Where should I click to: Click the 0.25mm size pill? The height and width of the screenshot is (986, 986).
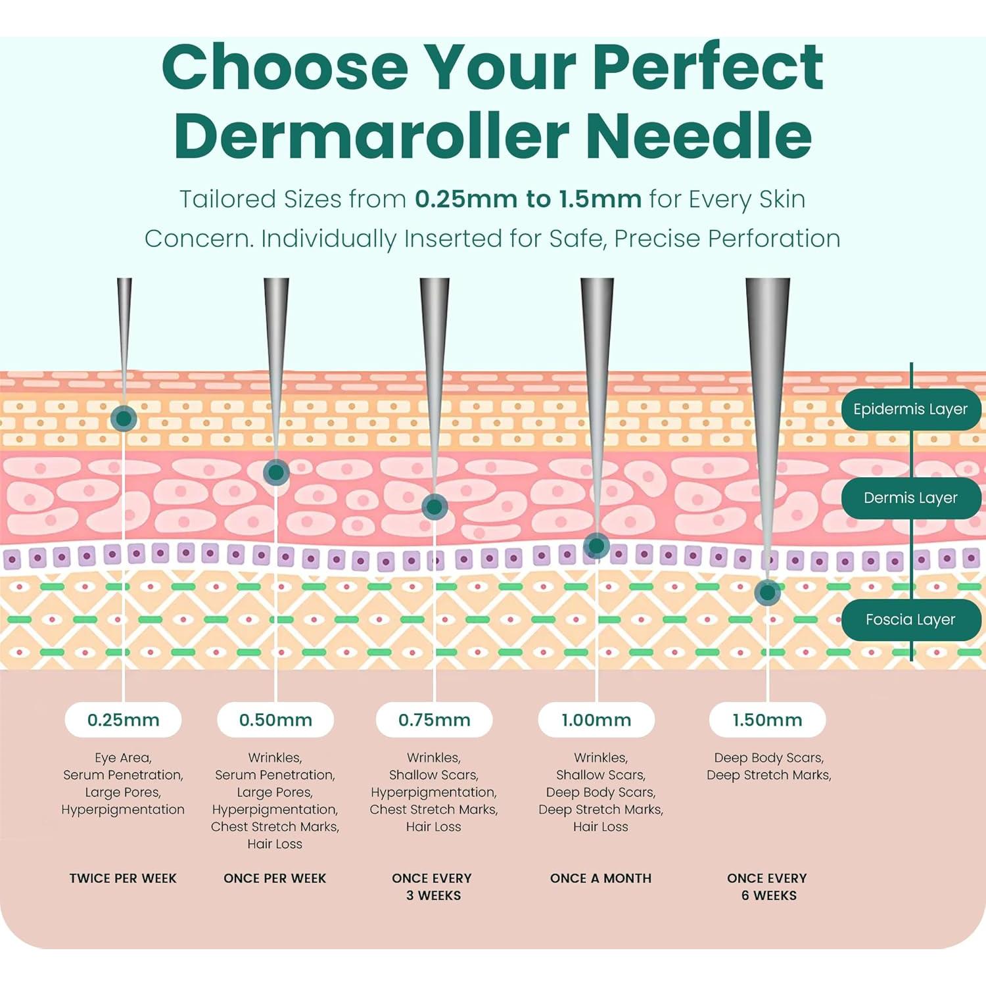click(123, 720)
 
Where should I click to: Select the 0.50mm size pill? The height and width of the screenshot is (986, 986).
click(275, 720)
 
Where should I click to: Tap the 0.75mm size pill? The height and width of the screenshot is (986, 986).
click(434, 720)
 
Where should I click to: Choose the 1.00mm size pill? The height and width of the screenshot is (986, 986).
click(596, 720)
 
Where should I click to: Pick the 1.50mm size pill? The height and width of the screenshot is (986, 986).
click(767, 720)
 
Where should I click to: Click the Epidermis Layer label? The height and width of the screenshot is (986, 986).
click(910, 410)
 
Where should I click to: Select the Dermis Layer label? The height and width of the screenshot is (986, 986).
click(910, 498)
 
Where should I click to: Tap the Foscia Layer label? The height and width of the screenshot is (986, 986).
click(910, 619)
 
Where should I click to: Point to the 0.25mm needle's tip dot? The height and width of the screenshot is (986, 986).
click(124, 418)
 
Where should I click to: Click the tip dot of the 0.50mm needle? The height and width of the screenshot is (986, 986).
click(276, 472)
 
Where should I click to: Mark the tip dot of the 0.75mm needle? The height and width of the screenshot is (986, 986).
click(434, 507)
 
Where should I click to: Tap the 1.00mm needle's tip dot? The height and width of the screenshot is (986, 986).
click(596, 545)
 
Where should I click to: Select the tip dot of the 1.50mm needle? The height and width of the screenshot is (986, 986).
click(767, 592)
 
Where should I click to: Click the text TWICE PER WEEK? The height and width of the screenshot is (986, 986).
click(123, 878)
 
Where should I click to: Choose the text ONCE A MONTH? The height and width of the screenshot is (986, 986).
click(601, 878)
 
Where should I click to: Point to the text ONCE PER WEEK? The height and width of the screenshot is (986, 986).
click(275, 878)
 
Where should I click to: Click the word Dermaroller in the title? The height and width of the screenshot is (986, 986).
click(371, 136)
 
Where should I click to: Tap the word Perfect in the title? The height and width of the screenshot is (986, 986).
click(707, 67)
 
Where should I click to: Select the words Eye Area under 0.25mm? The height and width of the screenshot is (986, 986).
click(123, 758)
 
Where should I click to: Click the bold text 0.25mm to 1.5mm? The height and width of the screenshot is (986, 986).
click(528, 199)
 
